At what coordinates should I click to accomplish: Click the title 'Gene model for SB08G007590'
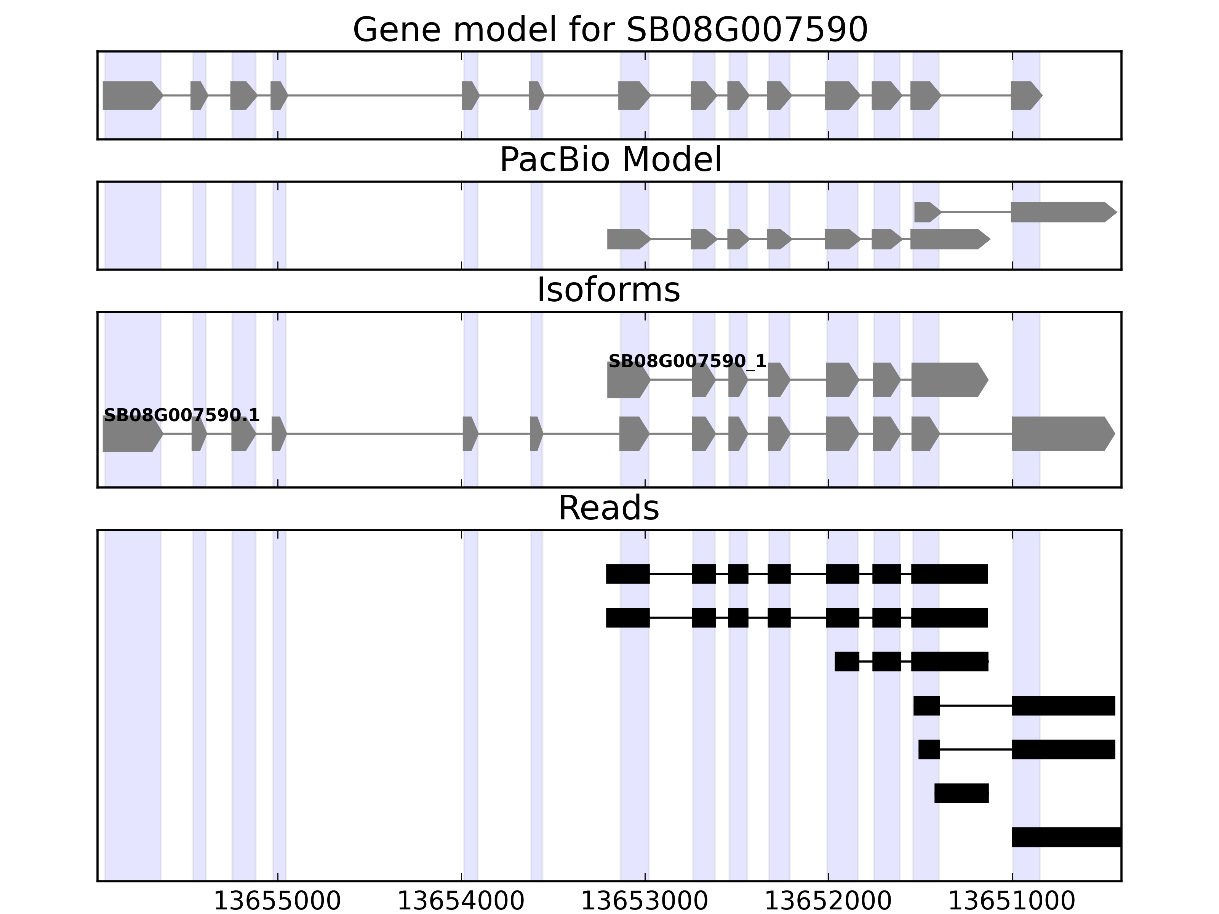tap(610, 30)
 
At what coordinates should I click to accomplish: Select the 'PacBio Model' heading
tap(610, 160)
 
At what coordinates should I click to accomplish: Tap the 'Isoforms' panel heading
tap(608, 290)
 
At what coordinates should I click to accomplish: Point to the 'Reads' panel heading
tap(608, 508)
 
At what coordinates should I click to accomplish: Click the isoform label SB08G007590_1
tap(687, 361)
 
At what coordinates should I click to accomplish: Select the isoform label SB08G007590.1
tap(181, 415)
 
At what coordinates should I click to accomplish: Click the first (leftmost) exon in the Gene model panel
tap(131, 95)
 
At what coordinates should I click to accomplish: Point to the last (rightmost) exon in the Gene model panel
tap(1025, 95)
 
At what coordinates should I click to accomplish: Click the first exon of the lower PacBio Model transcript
tap(627, 239)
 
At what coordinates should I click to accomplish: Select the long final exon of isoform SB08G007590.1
tap(1061, 434)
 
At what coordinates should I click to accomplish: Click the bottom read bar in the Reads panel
tap(1066, 837)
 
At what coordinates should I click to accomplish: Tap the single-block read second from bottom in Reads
tap(961, 793)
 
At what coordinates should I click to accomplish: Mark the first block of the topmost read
tap(628, 574)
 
